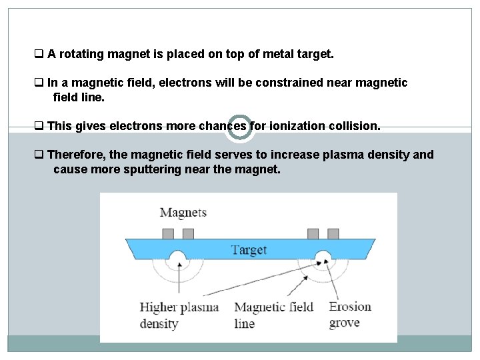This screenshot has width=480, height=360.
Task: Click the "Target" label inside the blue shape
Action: pyautogui.click(x=249, y=249)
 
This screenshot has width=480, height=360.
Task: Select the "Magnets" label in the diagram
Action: pyautogui.click(x=183, y=213)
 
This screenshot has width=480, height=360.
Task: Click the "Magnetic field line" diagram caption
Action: pyautogui.click(x=273, y=315)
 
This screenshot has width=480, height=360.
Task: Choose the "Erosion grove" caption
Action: pyautogui.click(x=350, y=315)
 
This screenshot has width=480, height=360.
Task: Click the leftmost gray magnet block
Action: pyautogui.click(x=168, y=233)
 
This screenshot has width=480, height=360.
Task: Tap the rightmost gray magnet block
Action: pyautogui.click(x=332, y=233)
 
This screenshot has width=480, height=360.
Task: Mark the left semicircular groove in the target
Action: pyautogui.click(x=177, y=257)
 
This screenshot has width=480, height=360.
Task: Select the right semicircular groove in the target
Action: pyautogui.click(x=323, y=257)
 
